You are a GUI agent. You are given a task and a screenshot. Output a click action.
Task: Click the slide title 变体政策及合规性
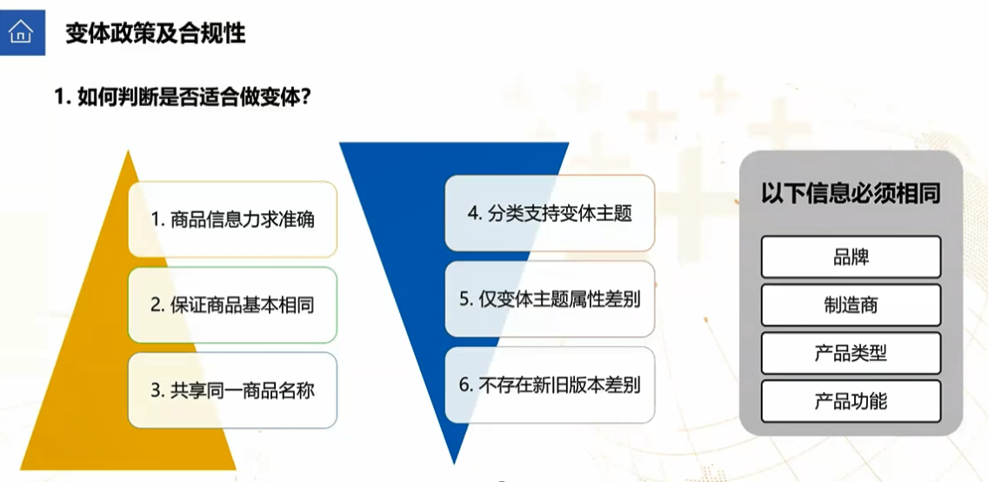(x=155, y=32)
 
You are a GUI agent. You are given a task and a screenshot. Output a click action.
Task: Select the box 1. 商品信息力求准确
(x=232, y=219)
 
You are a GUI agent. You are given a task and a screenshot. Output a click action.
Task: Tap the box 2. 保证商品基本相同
(x=232, y=305)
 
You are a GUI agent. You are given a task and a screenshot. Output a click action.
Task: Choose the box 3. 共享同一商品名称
(x=232, y=391)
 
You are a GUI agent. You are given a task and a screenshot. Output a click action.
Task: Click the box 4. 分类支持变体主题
(x=550, y=213)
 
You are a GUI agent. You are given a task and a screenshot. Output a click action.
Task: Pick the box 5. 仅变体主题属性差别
(x=550, y=299)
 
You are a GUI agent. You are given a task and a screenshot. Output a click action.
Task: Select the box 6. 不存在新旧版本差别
(x=550, y=385)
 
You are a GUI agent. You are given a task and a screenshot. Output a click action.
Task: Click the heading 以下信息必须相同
(x=851, y=193)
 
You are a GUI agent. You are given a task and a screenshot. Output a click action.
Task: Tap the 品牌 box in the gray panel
(x=851, y=257)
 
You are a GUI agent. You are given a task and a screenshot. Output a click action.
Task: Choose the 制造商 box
(x=851, y=305)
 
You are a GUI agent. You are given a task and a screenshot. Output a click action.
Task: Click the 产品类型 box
(x=851, y=353)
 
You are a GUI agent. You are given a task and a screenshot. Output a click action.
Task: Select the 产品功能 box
(x=851, y=401)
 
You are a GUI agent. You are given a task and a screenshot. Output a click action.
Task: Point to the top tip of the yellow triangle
(x=129, y=151)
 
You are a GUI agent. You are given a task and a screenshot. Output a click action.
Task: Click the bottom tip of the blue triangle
(x=454, y=464)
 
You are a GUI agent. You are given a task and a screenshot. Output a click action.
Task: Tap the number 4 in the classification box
(x=472, y=214)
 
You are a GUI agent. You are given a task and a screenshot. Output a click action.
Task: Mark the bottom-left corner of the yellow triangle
(x=20, y=470)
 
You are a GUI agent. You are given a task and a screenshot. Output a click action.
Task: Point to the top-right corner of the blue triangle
(x=569, y=143)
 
